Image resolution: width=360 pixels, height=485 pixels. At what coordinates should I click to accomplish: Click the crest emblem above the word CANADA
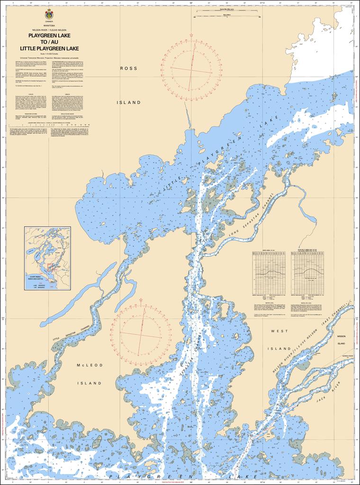49,15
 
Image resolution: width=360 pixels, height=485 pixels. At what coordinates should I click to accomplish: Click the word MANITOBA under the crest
49,26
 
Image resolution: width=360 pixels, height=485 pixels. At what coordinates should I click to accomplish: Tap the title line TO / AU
49,42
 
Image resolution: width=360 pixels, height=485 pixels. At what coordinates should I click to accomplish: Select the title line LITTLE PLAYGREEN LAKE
49,48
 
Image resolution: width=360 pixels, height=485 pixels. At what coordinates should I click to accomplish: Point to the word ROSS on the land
128,68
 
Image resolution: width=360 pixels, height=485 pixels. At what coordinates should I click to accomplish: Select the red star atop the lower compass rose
142,300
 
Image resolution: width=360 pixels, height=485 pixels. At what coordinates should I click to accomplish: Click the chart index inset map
47,258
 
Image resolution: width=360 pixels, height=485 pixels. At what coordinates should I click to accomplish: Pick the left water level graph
269,271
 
